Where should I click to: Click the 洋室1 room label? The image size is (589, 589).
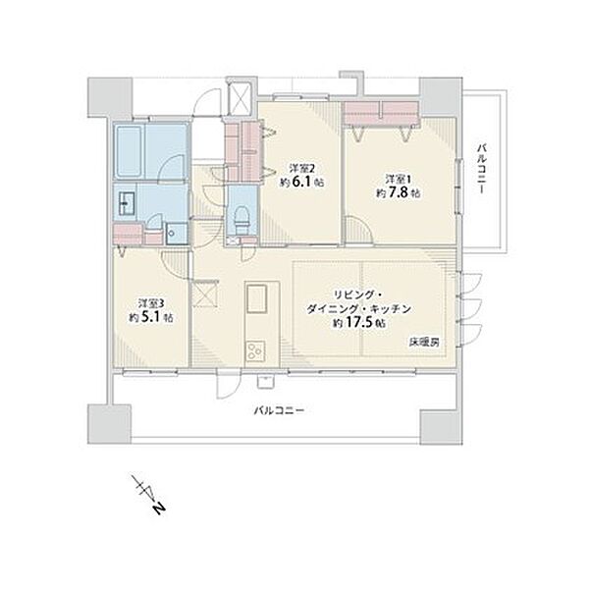(399, 178)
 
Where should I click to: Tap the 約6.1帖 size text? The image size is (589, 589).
(301, 183)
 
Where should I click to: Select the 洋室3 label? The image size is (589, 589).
(150, 302)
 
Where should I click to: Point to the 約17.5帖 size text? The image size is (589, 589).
(360, 323)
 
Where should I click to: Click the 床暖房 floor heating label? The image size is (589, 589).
(425, 343)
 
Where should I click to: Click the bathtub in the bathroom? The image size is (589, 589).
(130, 152)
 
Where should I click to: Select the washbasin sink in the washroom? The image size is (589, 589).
(127, 203)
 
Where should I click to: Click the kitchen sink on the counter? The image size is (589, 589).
(257, 298)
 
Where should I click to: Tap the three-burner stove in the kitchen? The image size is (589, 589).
(255, 352)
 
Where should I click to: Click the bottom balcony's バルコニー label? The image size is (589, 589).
(279, 410)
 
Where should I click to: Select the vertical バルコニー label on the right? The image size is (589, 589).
(482, 168)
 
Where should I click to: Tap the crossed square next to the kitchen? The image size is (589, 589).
(205, 294)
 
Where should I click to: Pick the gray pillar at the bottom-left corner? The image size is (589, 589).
(109, 424)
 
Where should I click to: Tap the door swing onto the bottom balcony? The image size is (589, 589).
(228, 384)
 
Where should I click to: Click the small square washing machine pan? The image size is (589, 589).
(176, 234)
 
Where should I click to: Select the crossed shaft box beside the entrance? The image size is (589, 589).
(240, 97)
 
